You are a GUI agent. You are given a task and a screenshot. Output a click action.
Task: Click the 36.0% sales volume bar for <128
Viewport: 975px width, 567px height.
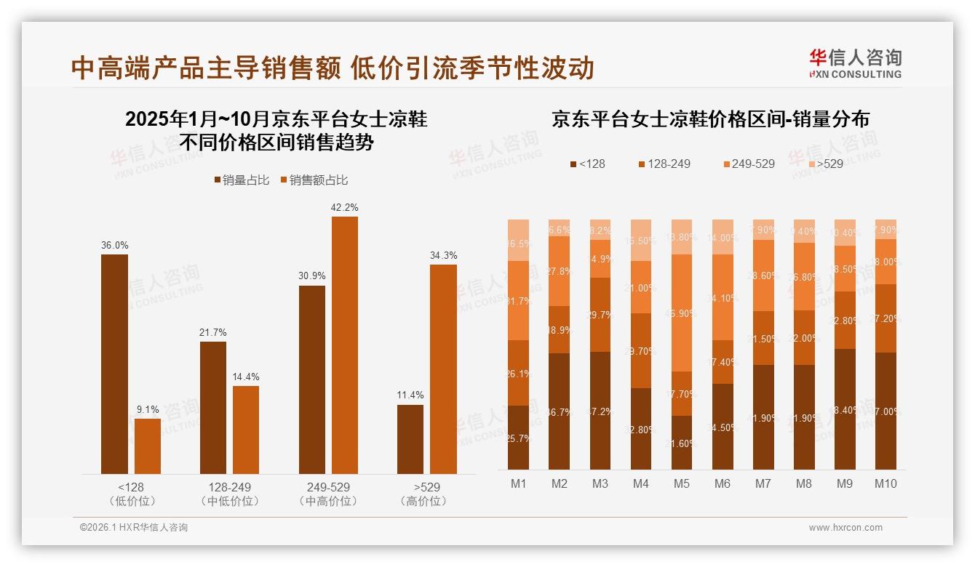click(x=114, y=363)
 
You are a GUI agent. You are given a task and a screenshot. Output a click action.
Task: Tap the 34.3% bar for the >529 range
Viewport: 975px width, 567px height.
click(x=443, y=369)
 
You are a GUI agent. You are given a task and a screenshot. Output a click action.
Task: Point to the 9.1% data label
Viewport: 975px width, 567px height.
click(x=148, y=409)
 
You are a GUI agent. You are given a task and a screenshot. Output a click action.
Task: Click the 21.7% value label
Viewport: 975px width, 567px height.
click(x=212, y=332)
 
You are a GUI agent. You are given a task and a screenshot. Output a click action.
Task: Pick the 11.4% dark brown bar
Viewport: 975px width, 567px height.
click(x=410, y=439)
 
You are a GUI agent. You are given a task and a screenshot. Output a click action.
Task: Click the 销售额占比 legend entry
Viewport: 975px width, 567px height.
click(x=314, y=180)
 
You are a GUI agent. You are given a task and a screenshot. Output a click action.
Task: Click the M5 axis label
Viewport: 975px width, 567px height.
click(x=681, y=483)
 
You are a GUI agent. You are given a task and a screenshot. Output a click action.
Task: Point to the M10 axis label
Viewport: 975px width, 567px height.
click(x=886, y=483)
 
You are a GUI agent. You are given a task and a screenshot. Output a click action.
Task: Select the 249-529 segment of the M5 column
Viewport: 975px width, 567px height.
click(x=682, y=313)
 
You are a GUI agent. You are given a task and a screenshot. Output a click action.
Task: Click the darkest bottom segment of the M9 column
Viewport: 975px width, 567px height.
click(x=845, y=409)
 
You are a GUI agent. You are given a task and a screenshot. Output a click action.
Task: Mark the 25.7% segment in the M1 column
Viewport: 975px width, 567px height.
click(x=519, y=438)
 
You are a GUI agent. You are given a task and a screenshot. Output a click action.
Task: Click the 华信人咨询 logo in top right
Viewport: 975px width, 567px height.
click(x=855, y=63)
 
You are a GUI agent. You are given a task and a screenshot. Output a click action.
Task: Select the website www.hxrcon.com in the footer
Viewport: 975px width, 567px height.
click(x=845, y=528)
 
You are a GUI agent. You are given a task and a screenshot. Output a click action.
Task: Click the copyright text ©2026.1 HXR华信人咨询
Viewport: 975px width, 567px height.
click(x=133, y=528)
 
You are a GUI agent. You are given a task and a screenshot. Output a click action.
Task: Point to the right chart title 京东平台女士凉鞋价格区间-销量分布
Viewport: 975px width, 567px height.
click(x=710, y=119)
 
